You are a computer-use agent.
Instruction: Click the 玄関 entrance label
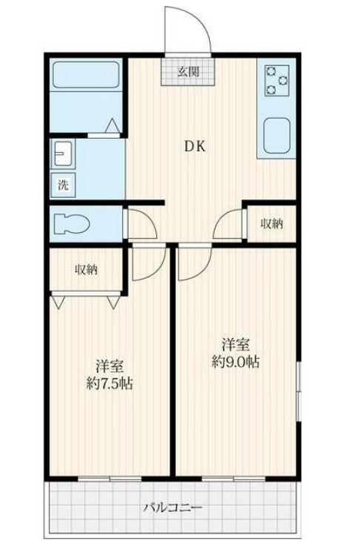(188, 72)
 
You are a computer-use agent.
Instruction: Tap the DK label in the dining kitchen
(195, 147)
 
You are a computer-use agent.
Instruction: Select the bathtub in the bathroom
(85, 75)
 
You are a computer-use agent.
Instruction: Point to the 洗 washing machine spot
(63, 185)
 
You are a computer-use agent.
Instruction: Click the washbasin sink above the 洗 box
(62, 153)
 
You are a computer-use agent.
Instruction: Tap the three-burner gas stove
(277, 81)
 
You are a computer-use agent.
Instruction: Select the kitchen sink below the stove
(277, 136)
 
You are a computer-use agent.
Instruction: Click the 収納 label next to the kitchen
(272, 224)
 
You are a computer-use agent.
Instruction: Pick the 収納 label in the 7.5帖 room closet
(86, 269)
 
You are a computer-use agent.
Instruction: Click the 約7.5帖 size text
(109, 383)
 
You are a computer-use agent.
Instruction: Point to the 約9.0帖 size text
(236, 362)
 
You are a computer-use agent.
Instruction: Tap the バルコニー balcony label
(173, 507)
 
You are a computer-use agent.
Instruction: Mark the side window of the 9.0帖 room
(299, 392)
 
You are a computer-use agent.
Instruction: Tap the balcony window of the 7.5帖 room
(110, 478)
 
